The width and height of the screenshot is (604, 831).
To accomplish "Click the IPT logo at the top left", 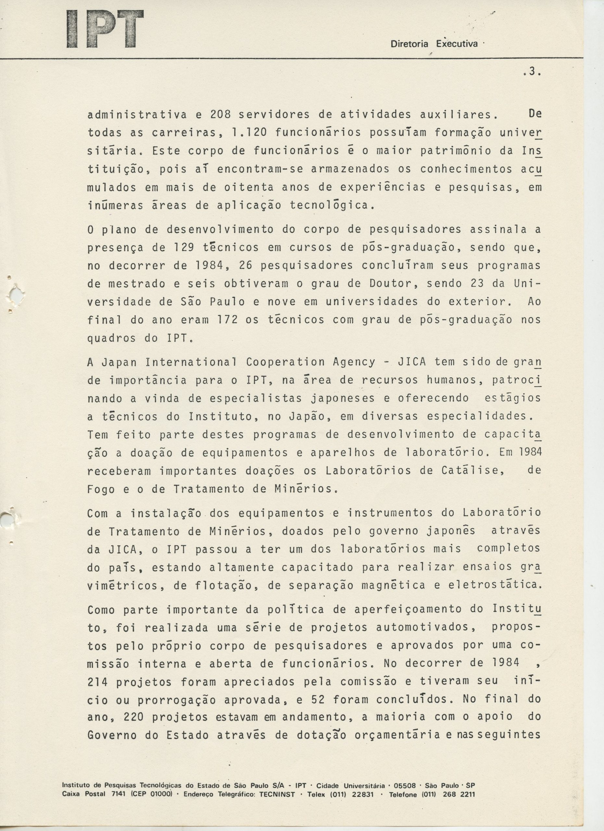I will click(x=105, y=29).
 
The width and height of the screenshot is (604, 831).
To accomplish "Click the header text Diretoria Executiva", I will click(x=434, y=44).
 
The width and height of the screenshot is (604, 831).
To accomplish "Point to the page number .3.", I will click(x=532, y=72).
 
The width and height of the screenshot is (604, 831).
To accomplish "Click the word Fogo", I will click(x=101, y=489).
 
